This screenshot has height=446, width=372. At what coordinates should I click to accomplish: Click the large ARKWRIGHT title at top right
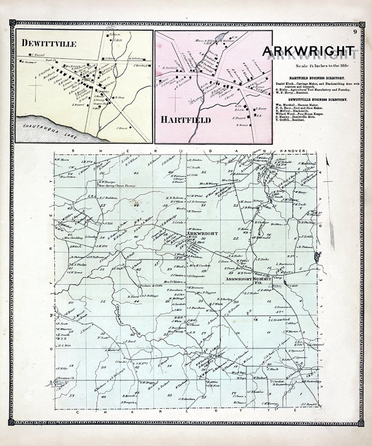[x=308, y=51]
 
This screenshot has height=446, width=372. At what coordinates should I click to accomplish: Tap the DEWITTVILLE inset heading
[x=49, y=43]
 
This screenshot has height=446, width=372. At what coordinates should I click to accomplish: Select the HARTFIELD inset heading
[x=185, y=120]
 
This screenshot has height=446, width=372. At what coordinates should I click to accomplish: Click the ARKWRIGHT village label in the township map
[x=202, y=234]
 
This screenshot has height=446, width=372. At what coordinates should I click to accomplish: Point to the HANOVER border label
[x=293, y=151]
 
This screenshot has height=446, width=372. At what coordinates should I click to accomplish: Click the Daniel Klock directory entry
[x=317, y=84]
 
